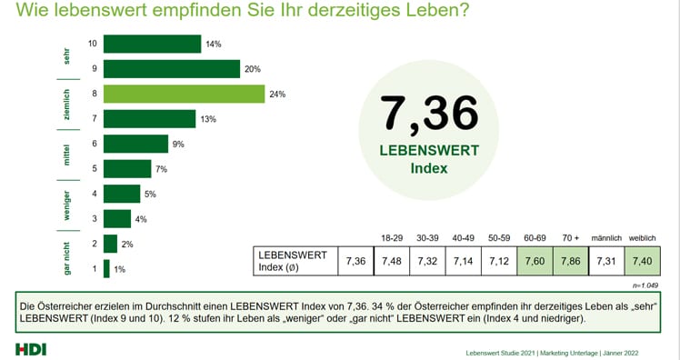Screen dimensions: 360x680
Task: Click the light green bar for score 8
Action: pos(184,94)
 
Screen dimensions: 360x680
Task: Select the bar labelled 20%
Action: pos(171,69)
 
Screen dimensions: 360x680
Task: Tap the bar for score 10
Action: pos(152,44)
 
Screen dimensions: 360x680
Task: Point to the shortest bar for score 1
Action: pos(106,268)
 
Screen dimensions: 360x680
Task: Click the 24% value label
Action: pos(278,94)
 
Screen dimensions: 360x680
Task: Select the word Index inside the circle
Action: pos(430,168)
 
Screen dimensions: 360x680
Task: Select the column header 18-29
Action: pos(393,238)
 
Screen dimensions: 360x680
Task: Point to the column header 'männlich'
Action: pos(605,238)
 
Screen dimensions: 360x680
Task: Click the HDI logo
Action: pos(30,349)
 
